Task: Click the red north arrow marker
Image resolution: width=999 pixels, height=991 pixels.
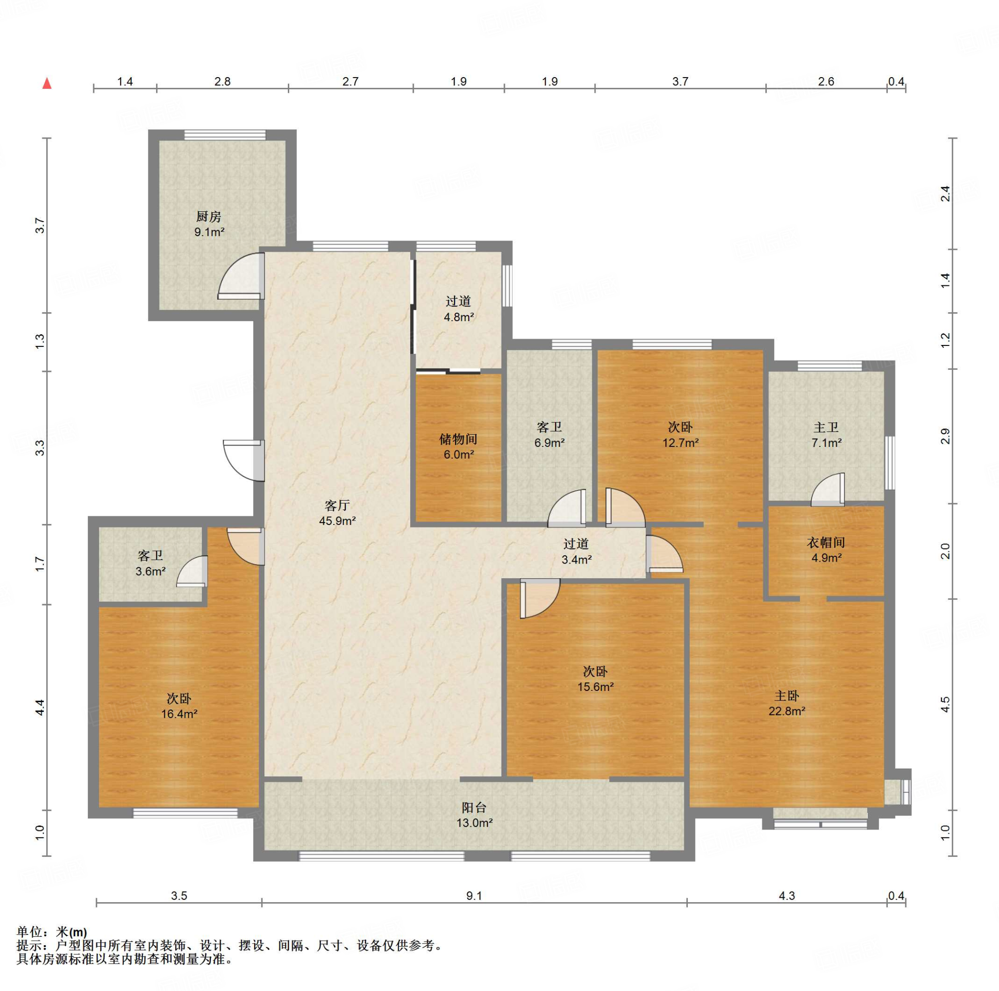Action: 47,83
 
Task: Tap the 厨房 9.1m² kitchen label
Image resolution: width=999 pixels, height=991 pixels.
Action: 209,224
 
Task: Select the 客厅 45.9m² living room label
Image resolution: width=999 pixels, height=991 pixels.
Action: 337,512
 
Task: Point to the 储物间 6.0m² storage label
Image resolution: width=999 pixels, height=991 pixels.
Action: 458,446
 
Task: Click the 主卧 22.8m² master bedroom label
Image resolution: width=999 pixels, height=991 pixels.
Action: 786,704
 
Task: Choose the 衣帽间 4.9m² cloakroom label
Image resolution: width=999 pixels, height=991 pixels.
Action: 826,550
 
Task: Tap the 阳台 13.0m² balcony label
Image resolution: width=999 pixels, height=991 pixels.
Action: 474,815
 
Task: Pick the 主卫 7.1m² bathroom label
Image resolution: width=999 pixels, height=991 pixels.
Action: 826,434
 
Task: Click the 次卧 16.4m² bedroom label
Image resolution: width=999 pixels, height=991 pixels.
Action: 179,706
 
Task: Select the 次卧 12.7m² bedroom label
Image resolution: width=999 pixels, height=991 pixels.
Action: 680,434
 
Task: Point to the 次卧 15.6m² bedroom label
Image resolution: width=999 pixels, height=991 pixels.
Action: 595,679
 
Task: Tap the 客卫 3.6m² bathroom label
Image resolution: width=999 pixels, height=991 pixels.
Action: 150,563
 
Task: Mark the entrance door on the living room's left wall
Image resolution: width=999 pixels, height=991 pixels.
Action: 244,461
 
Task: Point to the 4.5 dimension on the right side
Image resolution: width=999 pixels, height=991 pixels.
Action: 945,705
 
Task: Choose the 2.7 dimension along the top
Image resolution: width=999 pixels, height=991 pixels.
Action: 350,81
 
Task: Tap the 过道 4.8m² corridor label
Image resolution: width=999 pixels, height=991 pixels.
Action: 459,309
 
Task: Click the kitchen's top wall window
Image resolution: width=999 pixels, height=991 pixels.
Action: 225,135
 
